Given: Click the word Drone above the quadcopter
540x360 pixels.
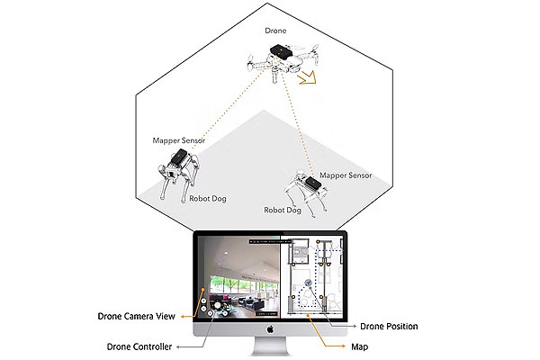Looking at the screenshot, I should pos(275,31).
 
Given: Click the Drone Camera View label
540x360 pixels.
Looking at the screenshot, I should pos(138,316).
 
